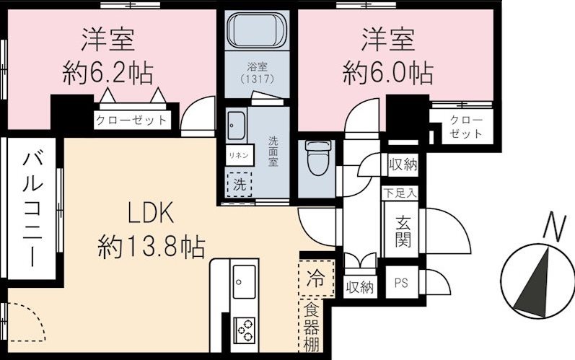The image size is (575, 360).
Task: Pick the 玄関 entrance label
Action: [x=403, y=231]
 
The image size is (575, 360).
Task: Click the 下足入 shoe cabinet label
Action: [x=399, y=193]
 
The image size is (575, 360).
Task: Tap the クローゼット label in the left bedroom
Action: [x=131, y=120]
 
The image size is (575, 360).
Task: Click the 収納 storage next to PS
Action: [x=359, y=286]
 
